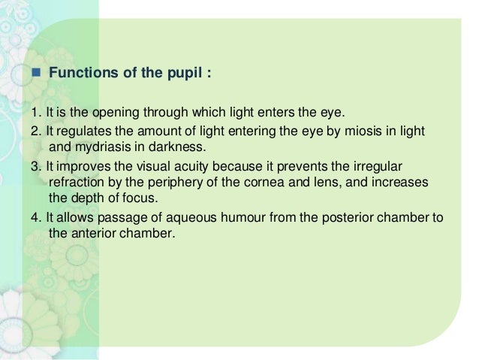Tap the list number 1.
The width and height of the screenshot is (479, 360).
35,113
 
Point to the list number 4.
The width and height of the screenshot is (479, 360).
35,218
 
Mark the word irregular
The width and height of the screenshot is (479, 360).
402,166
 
